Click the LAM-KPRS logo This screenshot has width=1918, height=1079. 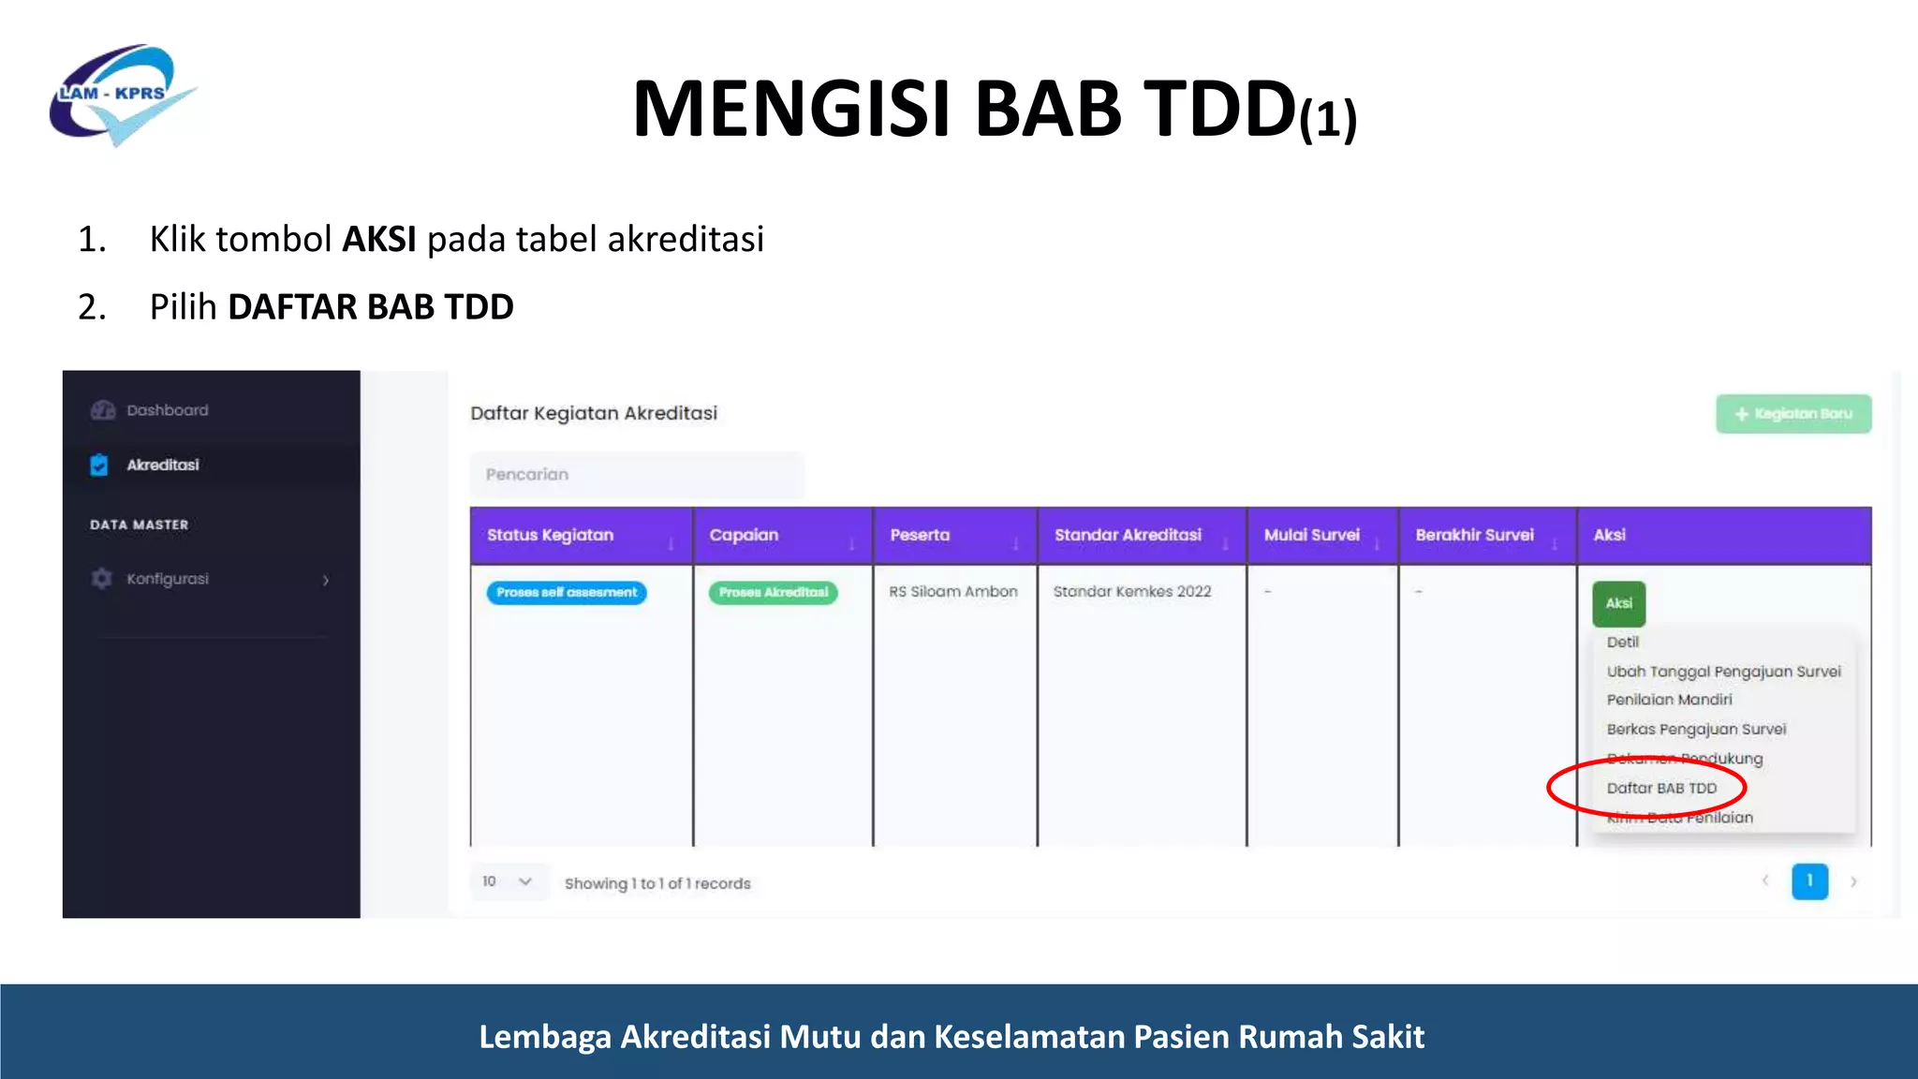(x=122, y=94)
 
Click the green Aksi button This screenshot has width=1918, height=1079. (x=1618, y=603)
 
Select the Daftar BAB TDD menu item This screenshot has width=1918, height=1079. (x=1661, y=788)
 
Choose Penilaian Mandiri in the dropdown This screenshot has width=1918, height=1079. (x=1669, y=700)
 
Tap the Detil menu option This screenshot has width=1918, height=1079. (x=1622, y=642)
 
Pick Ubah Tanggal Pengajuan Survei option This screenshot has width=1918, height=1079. (x=1723, y=672)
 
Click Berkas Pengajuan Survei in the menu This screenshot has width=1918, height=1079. (x=1696, y=729)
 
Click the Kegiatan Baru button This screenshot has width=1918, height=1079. (x=1793, y=414)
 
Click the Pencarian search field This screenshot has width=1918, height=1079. (x=636, y=475)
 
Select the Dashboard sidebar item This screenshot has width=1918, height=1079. (x=167, y=410)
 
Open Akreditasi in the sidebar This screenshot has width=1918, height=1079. (x=162, y=465)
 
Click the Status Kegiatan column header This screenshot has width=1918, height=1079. (x=551, y=535)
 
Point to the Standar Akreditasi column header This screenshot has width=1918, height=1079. (x=1128, y=535)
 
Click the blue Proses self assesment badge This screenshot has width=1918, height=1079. (x=567, y=593)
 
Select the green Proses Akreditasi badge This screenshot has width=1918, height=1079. (x=774, y=593)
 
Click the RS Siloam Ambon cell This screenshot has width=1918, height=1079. (x=953, y=592)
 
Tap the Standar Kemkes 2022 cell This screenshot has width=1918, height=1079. (x=1131, y=592)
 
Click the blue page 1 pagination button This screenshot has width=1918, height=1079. (x=1809, y=881)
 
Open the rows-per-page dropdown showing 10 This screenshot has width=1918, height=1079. (x=507, y=881)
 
